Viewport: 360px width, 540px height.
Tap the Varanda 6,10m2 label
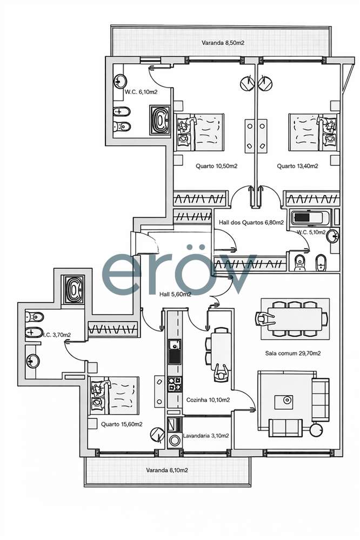click(x=167, y=470)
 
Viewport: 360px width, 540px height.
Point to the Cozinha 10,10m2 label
click(x=208, y=400)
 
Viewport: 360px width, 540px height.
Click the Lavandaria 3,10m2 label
click(x=205, y=435)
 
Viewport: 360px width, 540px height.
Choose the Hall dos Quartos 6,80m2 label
click(x=251, y=222)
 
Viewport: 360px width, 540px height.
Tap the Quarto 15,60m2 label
click(x=122, y=424)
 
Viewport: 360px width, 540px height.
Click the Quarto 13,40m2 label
click(x=297, y=166)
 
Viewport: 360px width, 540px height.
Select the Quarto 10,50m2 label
click(x=216, y=166)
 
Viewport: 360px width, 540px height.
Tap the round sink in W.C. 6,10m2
click(x=119, y=82)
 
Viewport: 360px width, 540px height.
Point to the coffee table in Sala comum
click(x=285, y=401)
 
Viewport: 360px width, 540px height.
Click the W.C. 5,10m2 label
click(x=311, y=232)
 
